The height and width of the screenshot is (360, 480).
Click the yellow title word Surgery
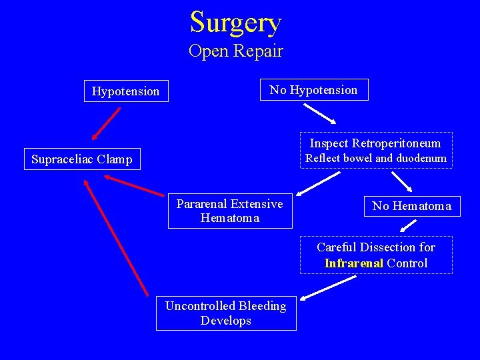click(236, 22)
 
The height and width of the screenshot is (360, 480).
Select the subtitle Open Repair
click(236, 51)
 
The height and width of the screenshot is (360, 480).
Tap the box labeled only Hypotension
click(126, 91)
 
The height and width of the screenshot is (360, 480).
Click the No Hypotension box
click(313, 90)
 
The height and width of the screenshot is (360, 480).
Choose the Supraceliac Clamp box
click(82, 159)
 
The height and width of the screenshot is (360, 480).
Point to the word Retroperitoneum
click(396, 143)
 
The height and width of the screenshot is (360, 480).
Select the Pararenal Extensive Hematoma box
click(229, 211)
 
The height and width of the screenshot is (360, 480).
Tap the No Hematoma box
click(411, 206)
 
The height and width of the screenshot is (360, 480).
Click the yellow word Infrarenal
click(354, 263)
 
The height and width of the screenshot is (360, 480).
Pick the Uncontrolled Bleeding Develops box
click(226, 313)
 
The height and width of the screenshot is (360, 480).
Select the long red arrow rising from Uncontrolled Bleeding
click(117, 239)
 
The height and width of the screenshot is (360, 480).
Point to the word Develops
click(226, 321)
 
